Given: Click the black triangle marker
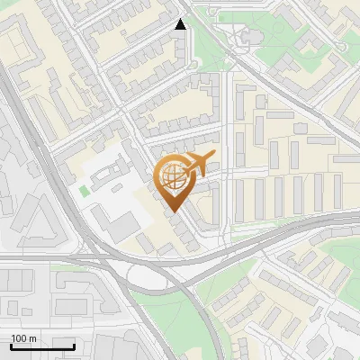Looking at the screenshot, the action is click(181, 24).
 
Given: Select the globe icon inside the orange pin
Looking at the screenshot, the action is click(172, 176).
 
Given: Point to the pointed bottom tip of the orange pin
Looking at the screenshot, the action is click(172, 211).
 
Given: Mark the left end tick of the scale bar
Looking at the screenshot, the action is click(11, 346).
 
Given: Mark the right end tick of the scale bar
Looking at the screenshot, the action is click(74, 346).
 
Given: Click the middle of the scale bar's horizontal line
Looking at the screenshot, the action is click(42, 347).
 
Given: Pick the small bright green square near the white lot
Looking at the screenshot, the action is click(85, 191).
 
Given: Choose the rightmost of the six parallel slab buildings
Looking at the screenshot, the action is click(337, 189).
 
